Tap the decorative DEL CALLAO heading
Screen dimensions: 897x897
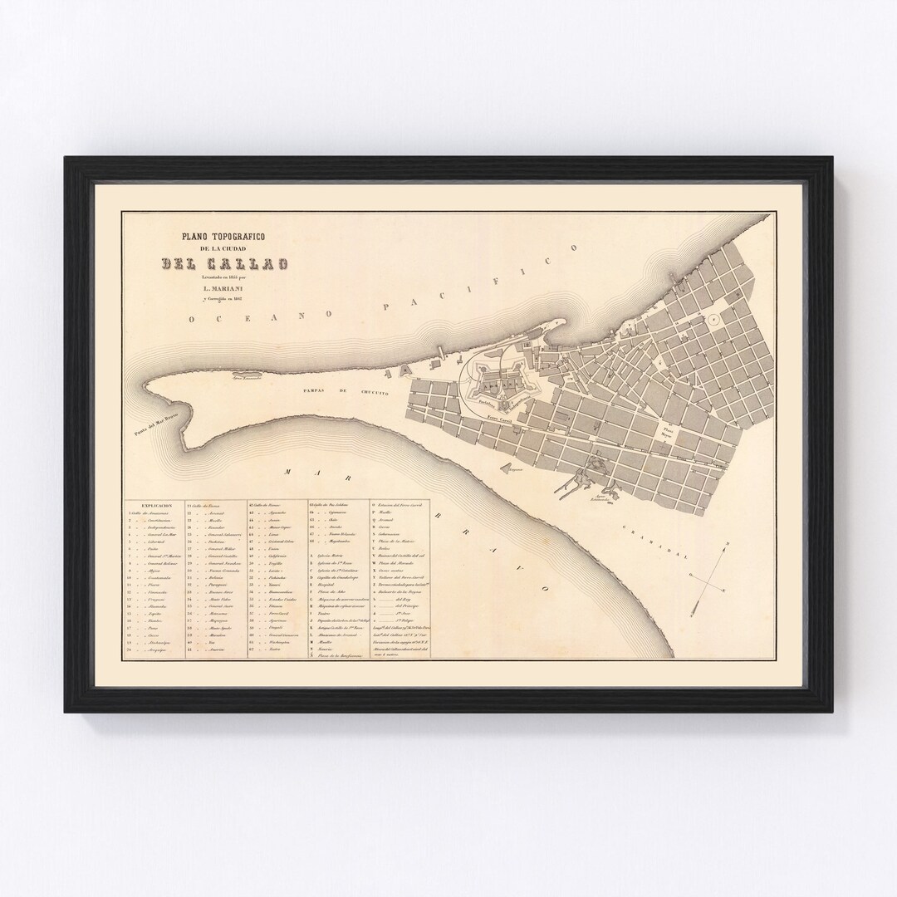tap(224, 265)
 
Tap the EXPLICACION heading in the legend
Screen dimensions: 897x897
tap(156, 504)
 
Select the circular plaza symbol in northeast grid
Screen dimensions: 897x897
tap(712, 319)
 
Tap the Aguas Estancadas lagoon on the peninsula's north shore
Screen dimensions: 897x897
tap(248, 387)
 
